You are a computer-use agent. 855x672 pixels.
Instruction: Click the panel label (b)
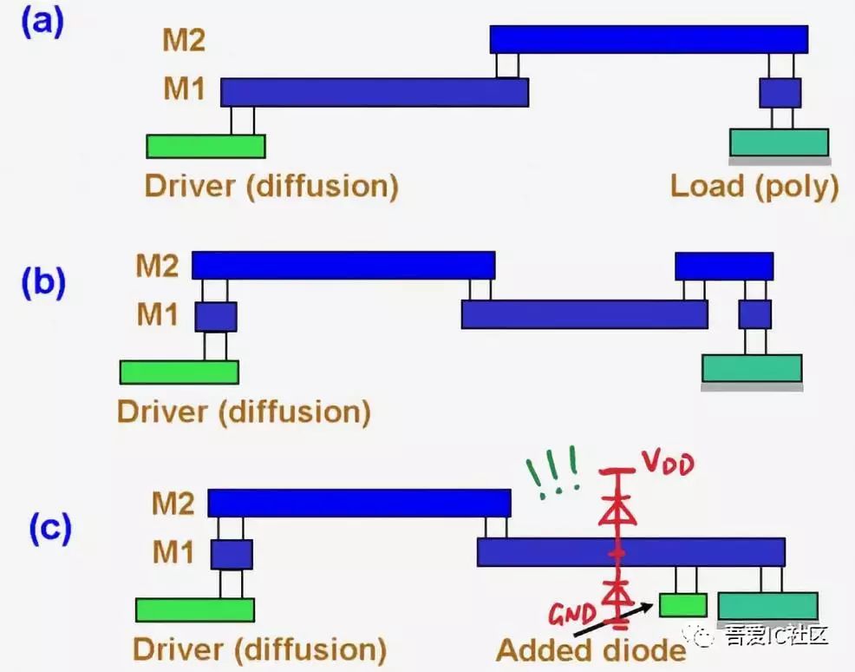coord(43,282)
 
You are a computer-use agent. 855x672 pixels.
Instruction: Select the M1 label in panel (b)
coord(157,314)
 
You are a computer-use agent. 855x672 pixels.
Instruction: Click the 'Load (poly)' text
coord(754,186)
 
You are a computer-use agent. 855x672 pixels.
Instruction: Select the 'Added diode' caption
coord(591,649)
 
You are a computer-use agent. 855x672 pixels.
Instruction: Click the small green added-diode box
coord(682,604)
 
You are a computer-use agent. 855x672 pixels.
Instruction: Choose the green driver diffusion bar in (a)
coord(206,146)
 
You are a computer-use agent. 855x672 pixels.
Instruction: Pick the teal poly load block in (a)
coord(779,142)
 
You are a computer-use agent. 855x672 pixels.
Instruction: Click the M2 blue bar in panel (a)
coord(649,39)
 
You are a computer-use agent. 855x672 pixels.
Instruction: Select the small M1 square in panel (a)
coord(780,92)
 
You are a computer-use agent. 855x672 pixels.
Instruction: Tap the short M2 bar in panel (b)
coord(724,266)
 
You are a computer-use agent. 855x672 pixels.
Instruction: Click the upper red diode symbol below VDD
coord(618,511)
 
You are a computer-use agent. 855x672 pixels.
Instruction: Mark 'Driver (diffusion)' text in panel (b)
coord(244,411)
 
